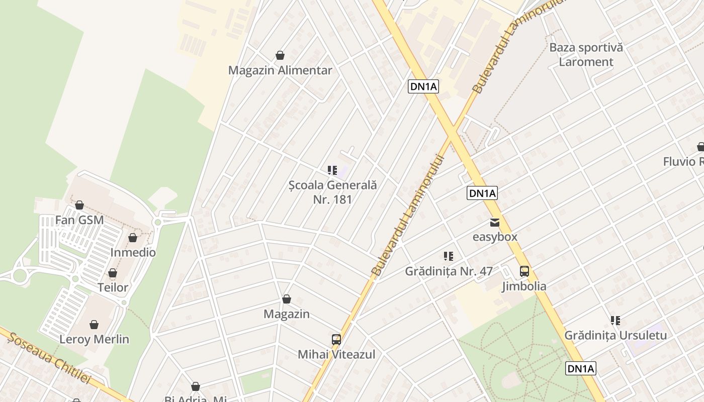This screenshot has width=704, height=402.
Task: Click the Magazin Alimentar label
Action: pos(280,70)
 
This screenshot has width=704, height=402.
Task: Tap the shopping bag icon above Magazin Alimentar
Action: pos(280,55)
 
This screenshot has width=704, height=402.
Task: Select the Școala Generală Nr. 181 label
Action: pos(333,192)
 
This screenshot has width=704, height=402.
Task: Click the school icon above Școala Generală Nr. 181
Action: pos(332,170)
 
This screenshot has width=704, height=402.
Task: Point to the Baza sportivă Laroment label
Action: pos(586,55)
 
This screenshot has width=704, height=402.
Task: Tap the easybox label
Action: pos(495,237)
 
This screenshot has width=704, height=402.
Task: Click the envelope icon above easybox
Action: pos(495,222)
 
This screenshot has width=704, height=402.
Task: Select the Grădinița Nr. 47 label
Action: pos(449,271)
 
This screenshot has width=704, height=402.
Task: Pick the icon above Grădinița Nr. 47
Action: pos(449,256)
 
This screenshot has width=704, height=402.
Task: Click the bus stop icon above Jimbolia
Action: pos(524,271)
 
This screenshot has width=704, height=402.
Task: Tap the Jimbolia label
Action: pos(524,286)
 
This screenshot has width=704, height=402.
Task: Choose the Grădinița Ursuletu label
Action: pos(615,335)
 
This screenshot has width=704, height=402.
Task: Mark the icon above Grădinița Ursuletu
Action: pos(615,320)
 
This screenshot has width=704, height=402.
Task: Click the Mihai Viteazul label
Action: pos(336,354)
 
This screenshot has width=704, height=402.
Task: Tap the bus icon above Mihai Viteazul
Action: pos(336,339)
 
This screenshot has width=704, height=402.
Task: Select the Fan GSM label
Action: pos(79,220)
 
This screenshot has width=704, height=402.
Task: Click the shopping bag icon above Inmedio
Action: pos(133,238)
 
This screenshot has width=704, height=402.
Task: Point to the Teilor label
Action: pos(113,288)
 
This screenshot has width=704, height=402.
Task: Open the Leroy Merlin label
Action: pos(94,339)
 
